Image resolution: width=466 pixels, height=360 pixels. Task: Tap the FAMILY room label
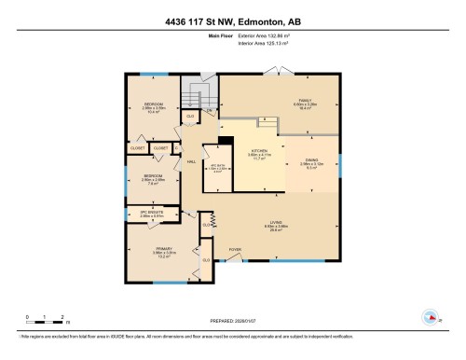click(278, 103)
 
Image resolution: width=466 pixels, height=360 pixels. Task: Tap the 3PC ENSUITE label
click(151, 213)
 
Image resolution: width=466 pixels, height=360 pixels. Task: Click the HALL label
click(191, 161)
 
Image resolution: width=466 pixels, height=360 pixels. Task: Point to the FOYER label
click(235, 250)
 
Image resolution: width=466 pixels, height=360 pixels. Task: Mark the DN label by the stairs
click(210, 110)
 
